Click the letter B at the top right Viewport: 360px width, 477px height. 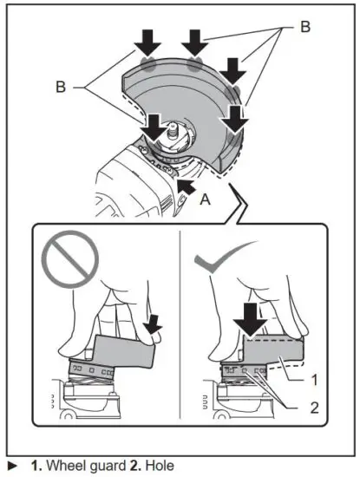pyautogui.click(x=304, y=27)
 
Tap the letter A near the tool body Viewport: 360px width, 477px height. pyautogui.click(x=205, y=199)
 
